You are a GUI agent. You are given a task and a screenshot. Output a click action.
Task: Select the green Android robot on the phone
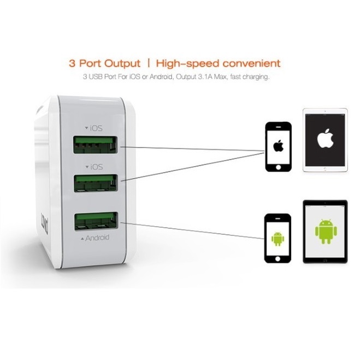[278, 238]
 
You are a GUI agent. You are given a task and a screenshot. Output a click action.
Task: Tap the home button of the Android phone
[278, 257]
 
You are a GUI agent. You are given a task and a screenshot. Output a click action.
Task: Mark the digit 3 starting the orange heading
[72, 63]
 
